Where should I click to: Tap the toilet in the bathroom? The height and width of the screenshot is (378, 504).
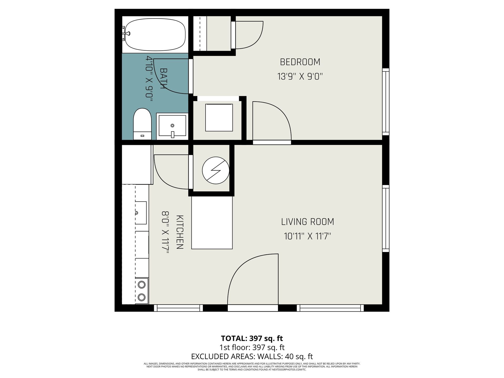pyautogui.click(x=142, y=124)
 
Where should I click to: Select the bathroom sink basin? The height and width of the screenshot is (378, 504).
pyautogui.click(x=172, y=126)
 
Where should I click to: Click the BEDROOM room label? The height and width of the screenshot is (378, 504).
pyautogui.click(x=300, y=62)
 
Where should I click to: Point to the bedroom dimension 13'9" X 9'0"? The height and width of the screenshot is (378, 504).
pyautogui.click(x=300, y=76)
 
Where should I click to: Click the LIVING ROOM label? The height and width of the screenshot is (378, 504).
pyautogui.click(x=307, y=222)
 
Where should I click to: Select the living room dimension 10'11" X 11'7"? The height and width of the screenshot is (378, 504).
pyautogui.click(x=307, y=236)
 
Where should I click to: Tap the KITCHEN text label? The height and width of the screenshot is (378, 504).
pyautogui.click(x=180, y=232)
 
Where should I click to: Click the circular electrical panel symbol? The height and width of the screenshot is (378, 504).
pyautogui.click(x=216, y=170)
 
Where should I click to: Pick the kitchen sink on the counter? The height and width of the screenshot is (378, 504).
pyautogui.click(x=141, y=213)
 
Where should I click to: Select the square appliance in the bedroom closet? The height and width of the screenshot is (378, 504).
pyautogui.click(x=219, y=117)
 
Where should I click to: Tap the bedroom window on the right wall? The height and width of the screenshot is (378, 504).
pyautogui.click(x=385, y=102)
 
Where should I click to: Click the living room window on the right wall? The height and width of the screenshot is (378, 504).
pyautogui.click(x=385, y=218)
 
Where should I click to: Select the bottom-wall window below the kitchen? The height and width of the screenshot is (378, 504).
pyautogui.click(x=178, y=308)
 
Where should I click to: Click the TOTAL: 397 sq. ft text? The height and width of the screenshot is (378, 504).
pyautogui.click(x=252, y=338)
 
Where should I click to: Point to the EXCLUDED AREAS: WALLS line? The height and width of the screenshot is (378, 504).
pyautogui.click(x=252, y=356)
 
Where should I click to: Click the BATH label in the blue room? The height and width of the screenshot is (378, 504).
pyautogui.click(x=164, y=78)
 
